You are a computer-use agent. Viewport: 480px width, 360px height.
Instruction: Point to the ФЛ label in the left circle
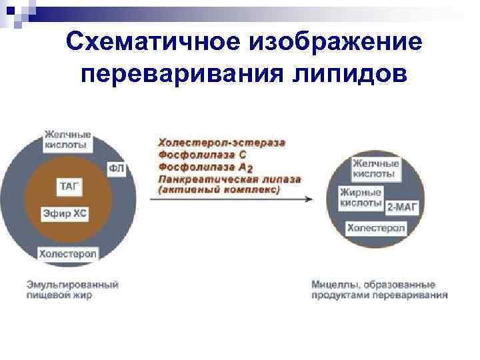(x=115, y=168)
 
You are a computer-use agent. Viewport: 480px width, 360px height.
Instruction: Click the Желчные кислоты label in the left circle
(x=68, y=139)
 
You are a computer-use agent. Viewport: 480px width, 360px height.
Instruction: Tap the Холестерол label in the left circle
(x=67, y=253)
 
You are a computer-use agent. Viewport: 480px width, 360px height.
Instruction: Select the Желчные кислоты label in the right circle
(x=375, y=169)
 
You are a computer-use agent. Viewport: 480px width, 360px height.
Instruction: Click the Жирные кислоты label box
(x=361, y=197)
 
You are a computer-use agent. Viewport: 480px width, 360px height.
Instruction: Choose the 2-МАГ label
(x=403, y=207)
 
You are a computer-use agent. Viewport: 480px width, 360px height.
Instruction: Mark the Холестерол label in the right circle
(x=375, y=228)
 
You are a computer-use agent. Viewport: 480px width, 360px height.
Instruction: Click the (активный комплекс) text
(x=219, y=189)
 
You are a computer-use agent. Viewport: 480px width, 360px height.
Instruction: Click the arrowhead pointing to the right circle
(x=309, y=199)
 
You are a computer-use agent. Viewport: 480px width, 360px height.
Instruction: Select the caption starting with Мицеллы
(x=379, y=289)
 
